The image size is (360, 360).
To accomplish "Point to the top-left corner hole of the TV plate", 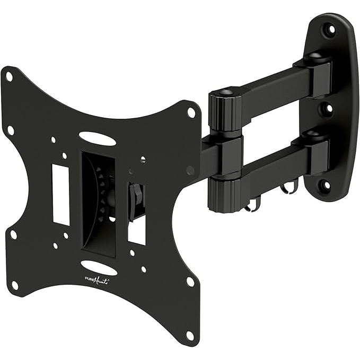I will [9, 77].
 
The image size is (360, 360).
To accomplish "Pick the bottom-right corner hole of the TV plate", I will [190, 335].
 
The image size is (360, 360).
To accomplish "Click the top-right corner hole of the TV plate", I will [191, 112].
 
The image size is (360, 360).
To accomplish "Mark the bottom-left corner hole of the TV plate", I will [15, 285].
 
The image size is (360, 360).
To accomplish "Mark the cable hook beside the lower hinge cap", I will [256, 202].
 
